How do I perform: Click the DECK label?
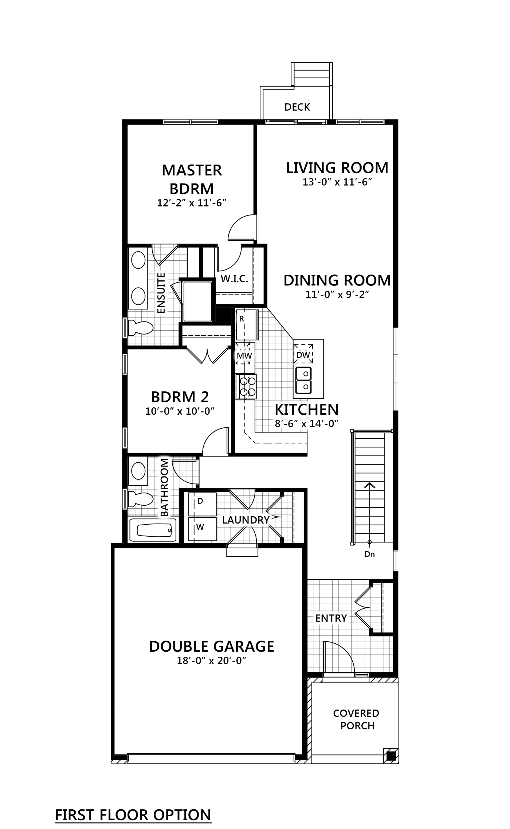297,107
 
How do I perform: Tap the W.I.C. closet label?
235,279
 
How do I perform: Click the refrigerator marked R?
241,319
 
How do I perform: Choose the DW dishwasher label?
303,355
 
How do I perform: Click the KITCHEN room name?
306,409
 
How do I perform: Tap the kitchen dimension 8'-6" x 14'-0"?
306,424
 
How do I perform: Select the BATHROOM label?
164,488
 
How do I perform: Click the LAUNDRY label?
246,520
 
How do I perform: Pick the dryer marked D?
200,501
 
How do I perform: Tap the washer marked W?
200,527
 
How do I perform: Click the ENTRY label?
331,618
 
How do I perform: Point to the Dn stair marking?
370,555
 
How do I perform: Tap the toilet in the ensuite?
140,328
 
